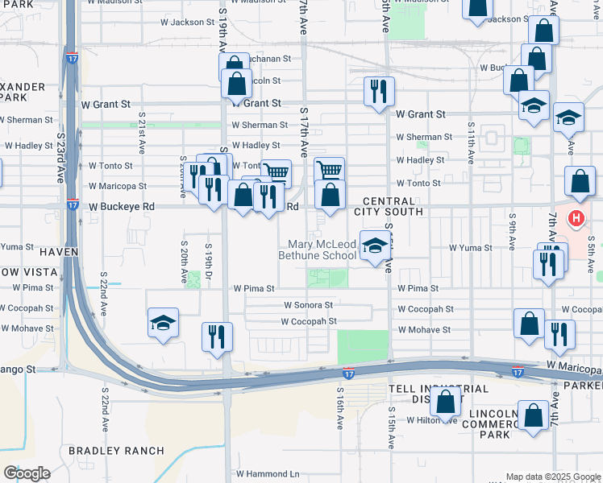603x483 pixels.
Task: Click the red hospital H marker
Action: [576, 218]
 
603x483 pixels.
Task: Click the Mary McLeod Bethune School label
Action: [317, 250]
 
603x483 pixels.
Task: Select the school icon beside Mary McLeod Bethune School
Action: [373, 247]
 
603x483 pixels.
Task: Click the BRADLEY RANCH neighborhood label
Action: [116, 451]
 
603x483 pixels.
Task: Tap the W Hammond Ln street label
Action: [267, 475]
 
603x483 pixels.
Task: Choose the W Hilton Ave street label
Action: [432, 420]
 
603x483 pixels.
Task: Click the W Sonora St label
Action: [308, 305]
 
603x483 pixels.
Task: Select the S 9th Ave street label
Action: [512, 226]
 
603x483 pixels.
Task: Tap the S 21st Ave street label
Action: [140, 138]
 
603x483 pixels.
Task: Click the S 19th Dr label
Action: [209, 260]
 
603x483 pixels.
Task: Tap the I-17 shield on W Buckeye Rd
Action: [73, 205]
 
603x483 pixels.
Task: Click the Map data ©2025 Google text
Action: [552, 477]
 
